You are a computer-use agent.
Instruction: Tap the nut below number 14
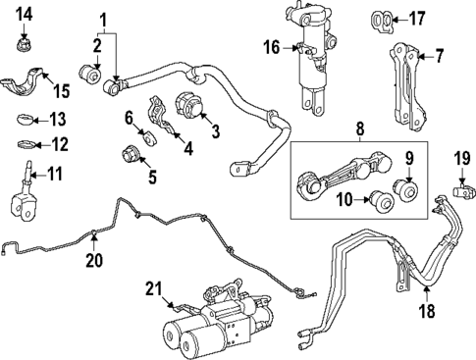pos(25,44)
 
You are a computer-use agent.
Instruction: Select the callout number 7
pos(440,55)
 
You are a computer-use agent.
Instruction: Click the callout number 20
pos(93,260)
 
